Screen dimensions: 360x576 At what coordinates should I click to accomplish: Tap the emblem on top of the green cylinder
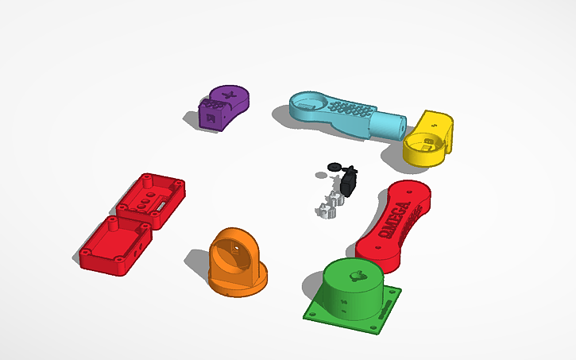tap(359, 276)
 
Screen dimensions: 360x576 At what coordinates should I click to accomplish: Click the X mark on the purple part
tap(230, 97)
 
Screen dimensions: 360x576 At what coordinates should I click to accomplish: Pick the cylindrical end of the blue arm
tap(392, 126)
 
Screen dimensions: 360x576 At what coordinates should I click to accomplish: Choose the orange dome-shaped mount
tap(236, 259)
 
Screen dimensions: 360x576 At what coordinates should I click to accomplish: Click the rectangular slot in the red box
tap(160, 206)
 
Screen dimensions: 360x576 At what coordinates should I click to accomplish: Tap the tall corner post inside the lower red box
tap(113, 224)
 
